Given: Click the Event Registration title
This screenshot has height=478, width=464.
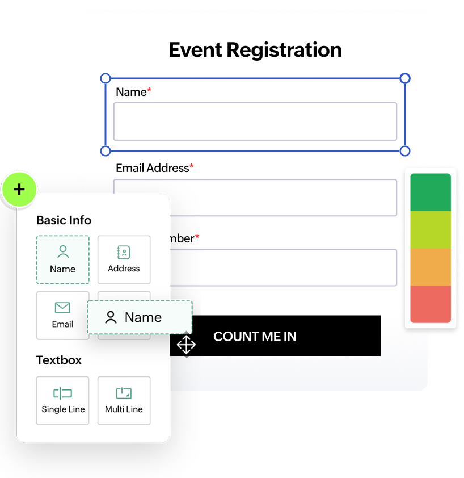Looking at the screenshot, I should pos(255,50).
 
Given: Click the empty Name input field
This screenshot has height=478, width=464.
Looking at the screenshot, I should pos(255,121).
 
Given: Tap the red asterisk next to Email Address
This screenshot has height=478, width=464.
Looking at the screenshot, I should pos(192,167).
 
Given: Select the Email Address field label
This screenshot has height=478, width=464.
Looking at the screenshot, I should pos(152,168).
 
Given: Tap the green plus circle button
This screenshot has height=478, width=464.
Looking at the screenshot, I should pos(19,189).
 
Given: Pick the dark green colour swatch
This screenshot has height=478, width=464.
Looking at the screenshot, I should pos(431,192).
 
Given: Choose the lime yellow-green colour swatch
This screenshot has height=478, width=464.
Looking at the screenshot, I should pos(431,229).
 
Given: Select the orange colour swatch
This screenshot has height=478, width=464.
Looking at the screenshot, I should pos(431,267).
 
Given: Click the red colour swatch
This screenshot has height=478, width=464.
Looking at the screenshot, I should pos(431,304).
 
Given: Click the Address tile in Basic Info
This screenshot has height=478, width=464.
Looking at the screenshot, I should pos(124,259).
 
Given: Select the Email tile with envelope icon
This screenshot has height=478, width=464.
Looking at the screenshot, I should pos(62,315).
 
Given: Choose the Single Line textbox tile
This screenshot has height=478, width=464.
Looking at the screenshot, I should pos(63,400).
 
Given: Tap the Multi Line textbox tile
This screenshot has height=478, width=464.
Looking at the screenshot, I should pos(124,400).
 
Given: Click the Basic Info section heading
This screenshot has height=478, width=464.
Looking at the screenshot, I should pos(64,220).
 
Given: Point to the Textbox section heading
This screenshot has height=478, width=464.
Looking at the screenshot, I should pos(59,360).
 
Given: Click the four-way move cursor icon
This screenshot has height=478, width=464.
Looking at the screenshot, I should pos(186,345).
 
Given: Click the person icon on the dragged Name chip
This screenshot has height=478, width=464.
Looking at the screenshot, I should pos(111,317).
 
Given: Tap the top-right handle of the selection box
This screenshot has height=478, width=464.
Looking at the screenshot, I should pos(405,78).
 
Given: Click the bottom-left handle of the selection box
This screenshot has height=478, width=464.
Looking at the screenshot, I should pos(106,150).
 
